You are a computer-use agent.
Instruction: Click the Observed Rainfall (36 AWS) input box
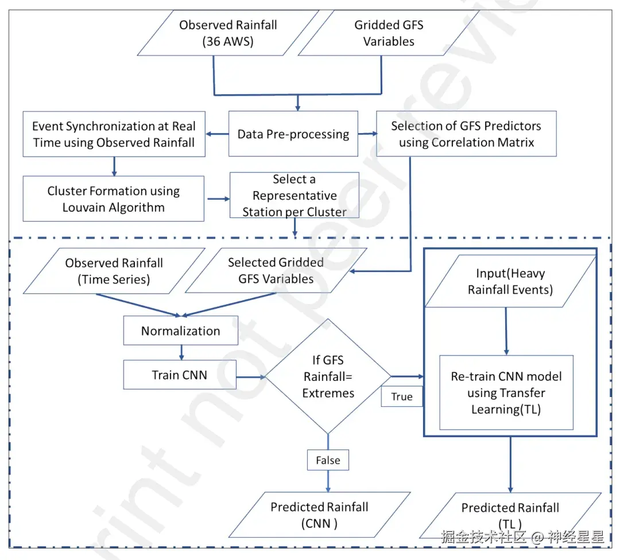pyautogui.click(x=228, y=33)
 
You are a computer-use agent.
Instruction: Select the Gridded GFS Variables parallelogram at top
pyautogui.click(x=389, y=33)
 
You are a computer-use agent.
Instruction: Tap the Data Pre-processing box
pyautogui.click(x=293, y=134)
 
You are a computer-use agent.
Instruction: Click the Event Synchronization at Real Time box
pyautogui.click(x=114, y=134)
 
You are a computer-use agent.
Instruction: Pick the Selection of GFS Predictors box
pyautogui.click(x=466, y=134)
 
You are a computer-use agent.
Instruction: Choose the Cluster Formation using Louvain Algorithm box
pyautogui.click(x=114, y=199)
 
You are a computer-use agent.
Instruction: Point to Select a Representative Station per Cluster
pyautogui.click(x=294, y=195)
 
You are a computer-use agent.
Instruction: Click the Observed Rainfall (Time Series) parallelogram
pyautogui.click(x=114, y=271)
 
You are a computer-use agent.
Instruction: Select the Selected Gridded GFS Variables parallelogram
pyautogui.click(x=276, y=271)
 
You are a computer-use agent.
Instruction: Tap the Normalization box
pyautogui.click(x=181, y=331)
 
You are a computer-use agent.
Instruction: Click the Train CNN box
pyautogui.click(x=180, y=375)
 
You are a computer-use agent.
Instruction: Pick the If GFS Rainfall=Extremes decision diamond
pyautogui.click(x=328, y=376)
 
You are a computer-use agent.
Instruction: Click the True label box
pyautogui.click(x=402, y=396)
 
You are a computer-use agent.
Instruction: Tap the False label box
pyautogui.click(x=328, y=460)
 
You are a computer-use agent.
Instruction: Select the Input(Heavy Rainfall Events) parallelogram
pyautogui.click(x=510, y=281)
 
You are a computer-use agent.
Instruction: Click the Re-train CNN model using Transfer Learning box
pyautogui.click(x=506, y=393)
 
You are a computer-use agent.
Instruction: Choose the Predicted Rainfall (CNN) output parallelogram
pyautogui.click(x=320, y=515)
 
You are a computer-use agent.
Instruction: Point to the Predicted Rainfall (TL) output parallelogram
pyautogui.click(x=510, y=515)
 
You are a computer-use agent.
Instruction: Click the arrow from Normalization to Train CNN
pyautogui.click(x=181, y=352)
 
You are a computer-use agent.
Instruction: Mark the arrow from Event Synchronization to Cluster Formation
pyautogui.click(x=114, y=166)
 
